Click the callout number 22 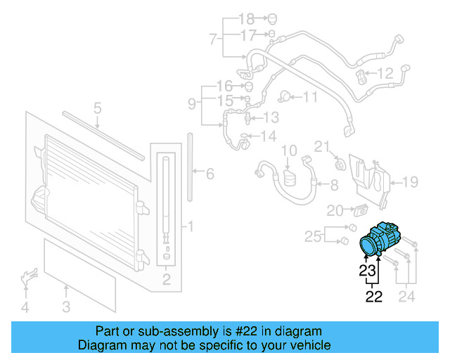(373, 297)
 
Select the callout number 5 (98, 108)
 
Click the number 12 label (386, 73)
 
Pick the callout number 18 (245, 18)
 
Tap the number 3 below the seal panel (65, 307)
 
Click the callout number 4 (25, 307)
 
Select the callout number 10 (290, 150)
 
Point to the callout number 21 (321, 147)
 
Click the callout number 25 (313, 234)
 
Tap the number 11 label (310, 97)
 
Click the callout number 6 (210, 174)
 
